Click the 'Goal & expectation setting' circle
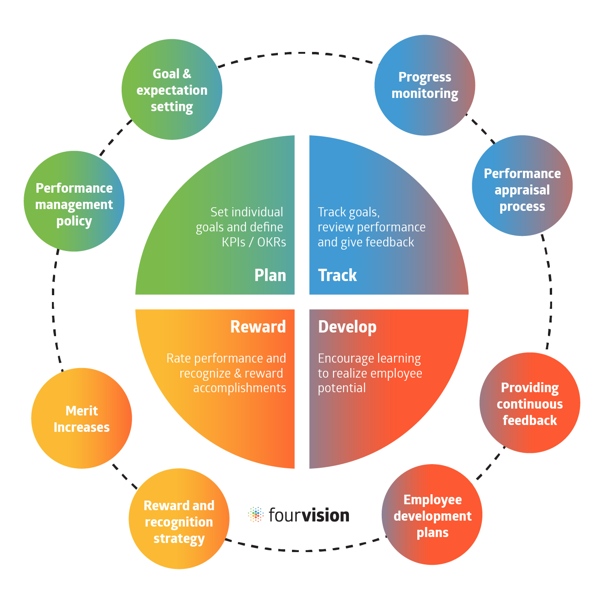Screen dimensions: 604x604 point(172,90)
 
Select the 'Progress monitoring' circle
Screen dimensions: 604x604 point(425,85)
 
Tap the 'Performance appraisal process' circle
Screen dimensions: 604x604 point(522,186)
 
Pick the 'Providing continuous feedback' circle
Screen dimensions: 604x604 point(529,403)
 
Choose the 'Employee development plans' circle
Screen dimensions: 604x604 point(432,515)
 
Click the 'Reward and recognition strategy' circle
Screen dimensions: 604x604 point(179,519)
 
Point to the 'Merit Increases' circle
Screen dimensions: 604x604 point(82,418)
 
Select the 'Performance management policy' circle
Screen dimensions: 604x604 point(74,201)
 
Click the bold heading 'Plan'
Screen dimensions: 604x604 point(270,275)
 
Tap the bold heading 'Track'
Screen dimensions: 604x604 point(337,275)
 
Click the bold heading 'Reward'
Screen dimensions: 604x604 point(258,327)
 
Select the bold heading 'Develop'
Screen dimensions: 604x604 point(347,327)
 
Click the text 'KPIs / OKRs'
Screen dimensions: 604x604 point(254,242)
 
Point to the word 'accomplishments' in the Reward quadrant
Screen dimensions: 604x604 point(240,388)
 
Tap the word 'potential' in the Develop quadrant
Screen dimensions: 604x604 point(342,388)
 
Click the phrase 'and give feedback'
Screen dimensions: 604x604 point(366,242)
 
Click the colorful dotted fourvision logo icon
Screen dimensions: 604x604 point(256,515)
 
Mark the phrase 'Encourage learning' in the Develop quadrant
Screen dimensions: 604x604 point(369,358)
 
